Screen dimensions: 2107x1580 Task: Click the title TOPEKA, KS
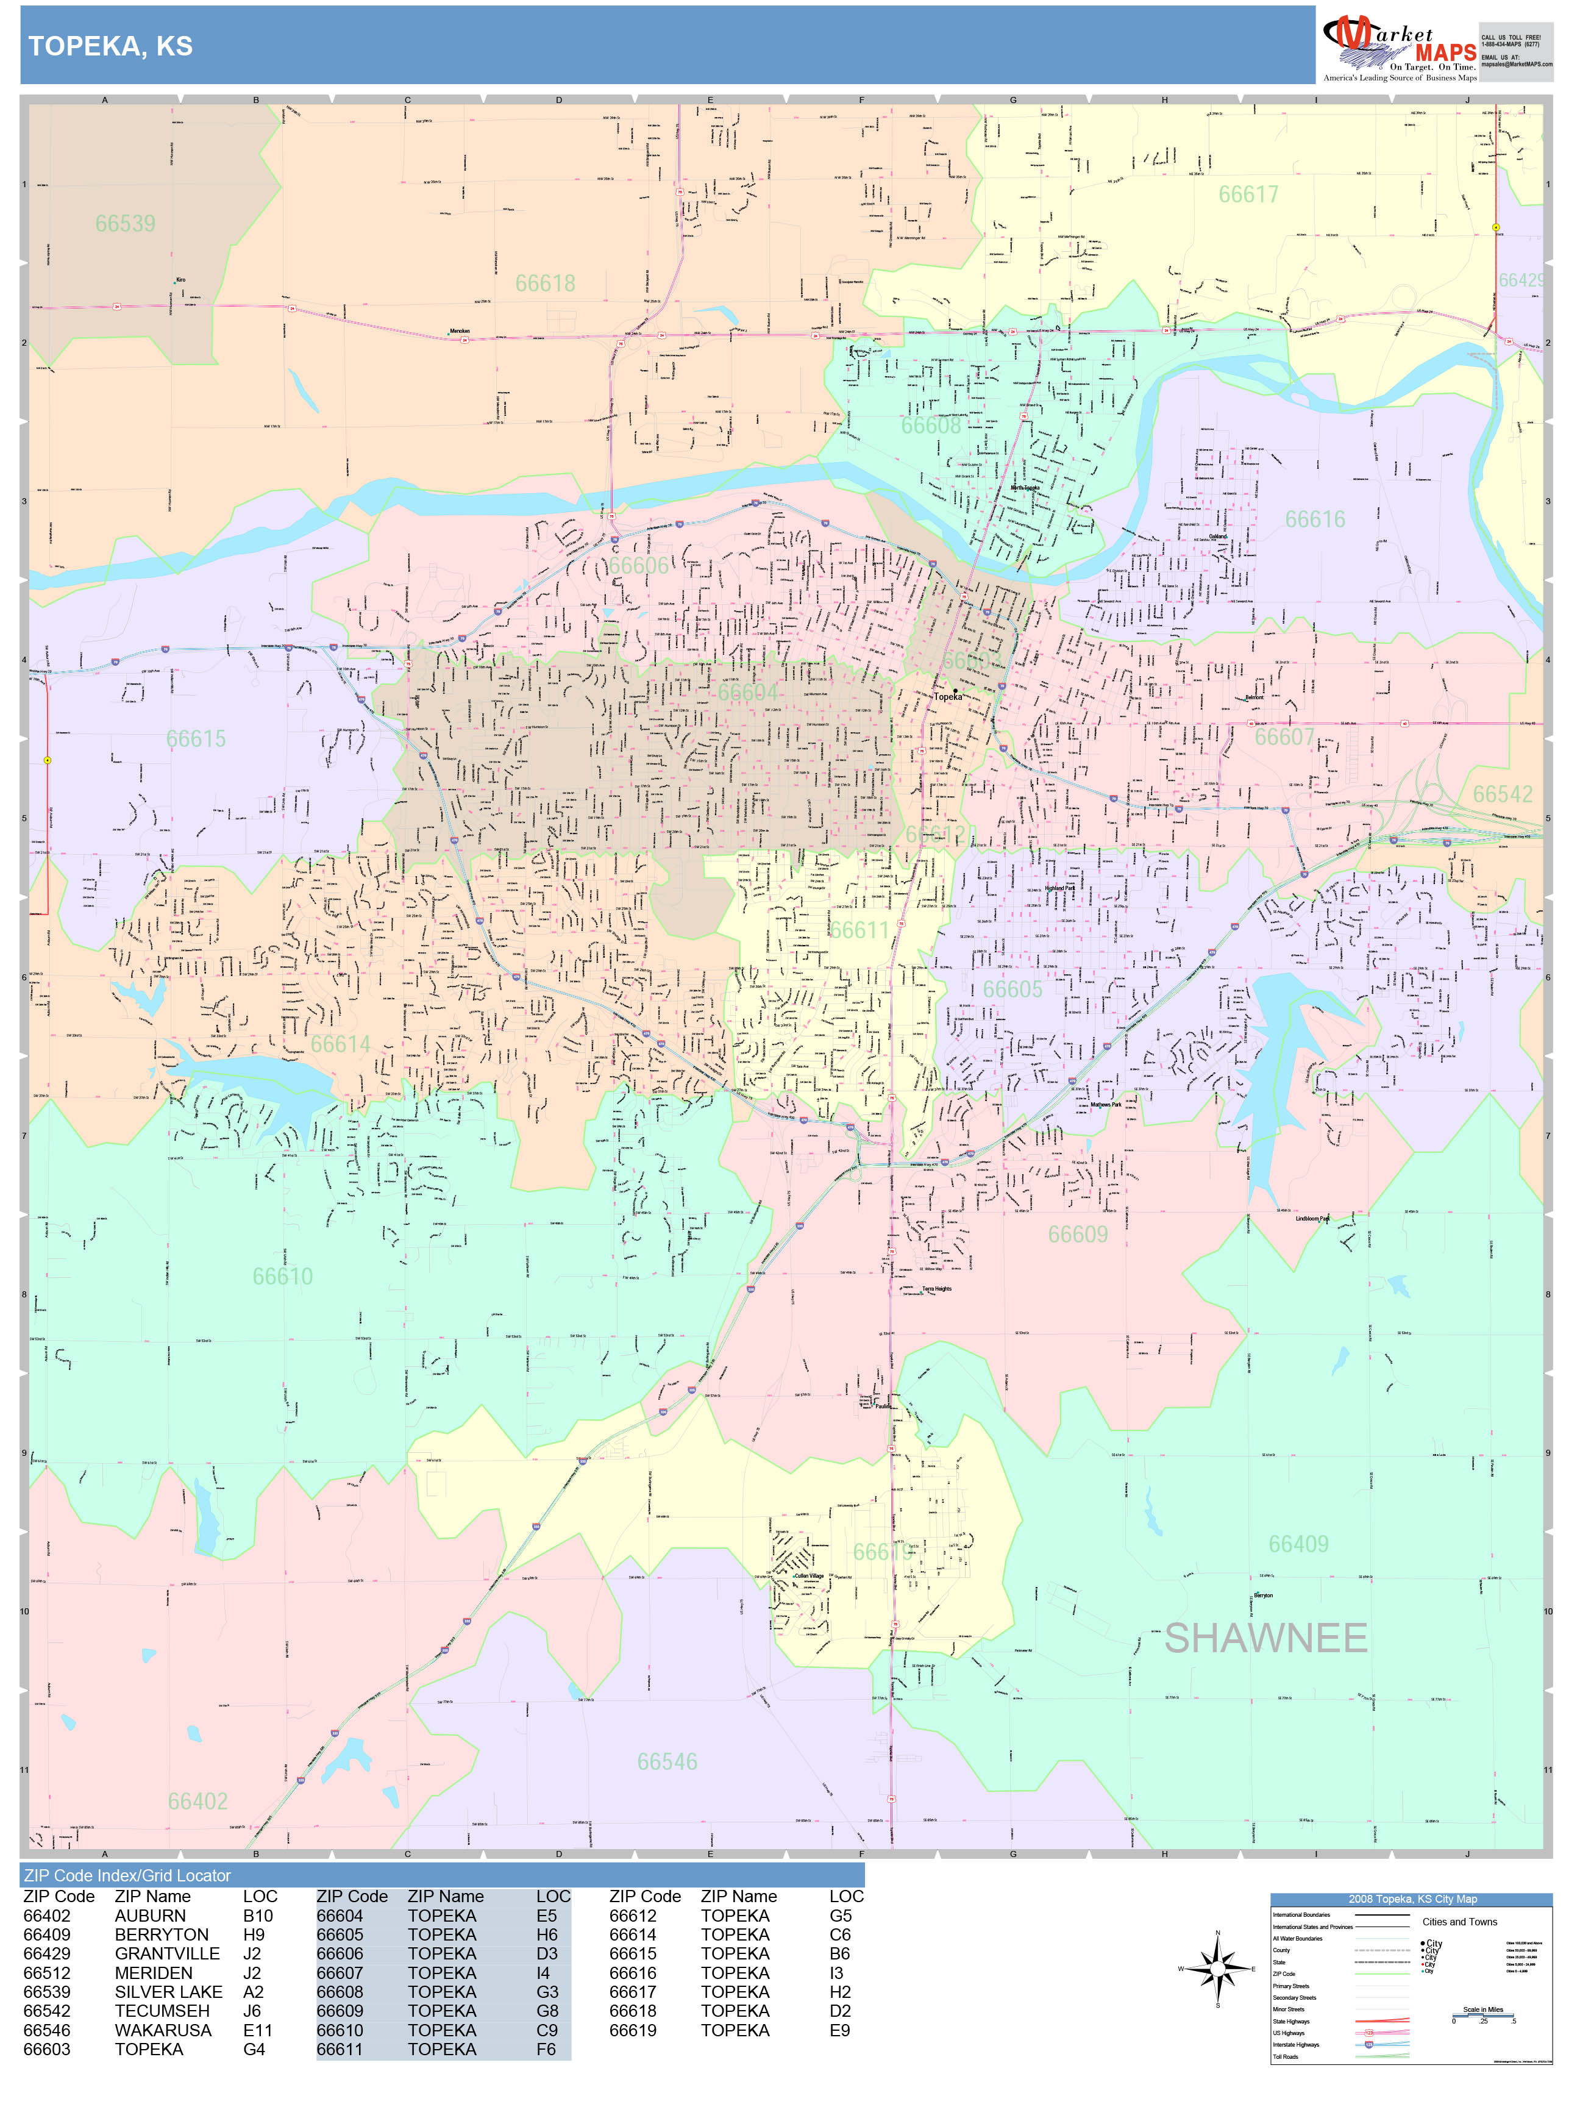pyautogui.click(x=110, y=46)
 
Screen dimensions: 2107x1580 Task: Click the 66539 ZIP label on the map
pyautogui.click(x=125, y=224)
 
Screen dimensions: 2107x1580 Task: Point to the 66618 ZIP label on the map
pyautogui.click(x=545, y=284)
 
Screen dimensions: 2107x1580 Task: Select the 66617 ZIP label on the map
pyautogui.click(x=1248, y=194)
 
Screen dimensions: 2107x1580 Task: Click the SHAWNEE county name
pyautogui.click(x=1265, y=1638)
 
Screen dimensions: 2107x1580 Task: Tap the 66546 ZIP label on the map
pyautogui.click(x=667, y=1762)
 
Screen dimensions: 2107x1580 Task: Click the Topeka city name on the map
pyautogui.click(x=948, y=696)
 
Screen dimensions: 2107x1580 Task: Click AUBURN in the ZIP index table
pyautogui.click(x=149, y=1916)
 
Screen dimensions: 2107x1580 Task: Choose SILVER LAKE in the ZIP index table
pyautogui.click(x=168, y=1992)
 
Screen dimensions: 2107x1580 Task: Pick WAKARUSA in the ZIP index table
pyautogui.click(x=163, y=2030)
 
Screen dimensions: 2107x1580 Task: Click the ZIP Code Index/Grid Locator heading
pyautogui.click(x=127, y=1875)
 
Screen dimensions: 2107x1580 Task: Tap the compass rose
pyautogui.click(x=1217, y=1969)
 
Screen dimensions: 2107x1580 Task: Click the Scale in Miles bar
pyautogui.click(x=1483, y=2016)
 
